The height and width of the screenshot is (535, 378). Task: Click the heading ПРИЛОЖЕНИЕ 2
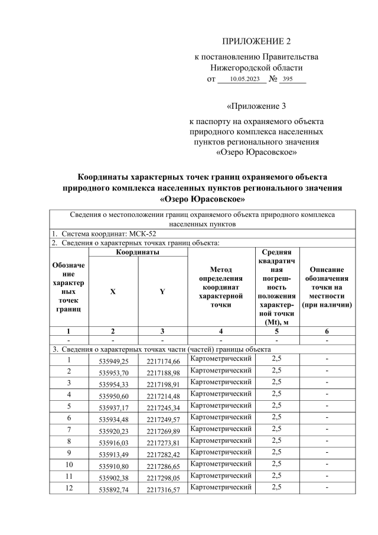point(256,41)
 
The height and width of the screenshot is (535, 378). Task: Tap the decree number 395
point(288,79)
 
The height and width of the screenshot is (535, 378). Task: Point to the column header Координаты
point(140,252)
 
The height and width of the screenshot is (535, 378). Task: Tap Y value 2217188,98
point(163,373)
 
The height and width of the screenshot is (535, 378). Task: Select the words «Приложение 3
point(256,106)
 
